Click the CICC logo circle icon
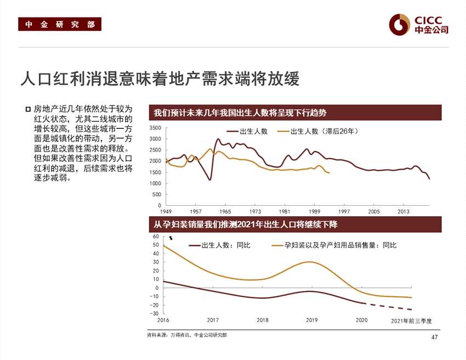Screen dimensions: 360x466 400,23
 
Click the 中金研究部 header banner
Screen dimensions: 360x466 60,24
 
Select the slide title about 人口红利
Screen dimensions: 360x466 159,78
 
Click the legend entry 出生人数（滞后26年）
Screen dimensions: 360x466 323,132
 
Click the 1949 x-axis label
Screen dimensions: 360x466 166,211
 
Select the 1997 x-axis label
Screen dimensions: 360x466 344,211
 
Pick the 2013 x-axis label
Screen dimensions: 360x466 404,211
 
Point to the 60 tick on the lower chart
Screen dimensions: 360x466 156,236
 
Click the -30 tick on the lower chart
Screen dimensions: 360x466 155,313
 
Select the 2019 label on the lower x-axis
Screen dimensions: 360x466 311,320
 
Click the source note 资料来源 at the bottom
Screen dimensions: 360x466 186,335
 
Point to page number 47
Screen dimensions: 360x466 434,337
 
